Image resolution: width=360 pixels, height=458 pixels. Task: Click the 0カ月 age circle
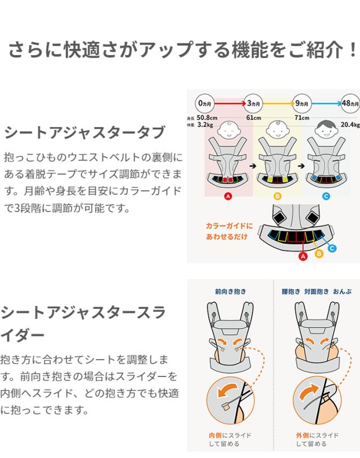tap(205, 103)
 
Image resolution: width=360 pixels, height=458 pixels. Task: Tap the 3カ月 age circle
tap(253, 103)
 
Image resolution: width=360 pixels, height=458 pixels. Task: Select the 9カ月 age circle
tap(301, 103)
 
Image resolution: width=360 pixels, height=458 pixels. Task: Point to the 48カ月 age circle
tap(350, 103)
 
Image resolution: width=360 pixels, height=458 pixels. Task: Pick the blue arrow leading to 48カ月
tap(327, 103)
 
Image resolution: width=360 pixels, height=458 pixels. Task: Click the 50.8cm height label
tap(207, 118)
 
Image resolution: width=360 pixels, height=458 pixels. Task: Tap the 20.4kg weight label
tap(350, 125)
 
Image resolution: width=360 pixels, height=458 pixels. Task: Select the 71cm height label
tap(302, 118)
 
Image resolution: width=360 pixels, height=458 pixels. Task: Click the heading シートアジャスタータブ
tap(85, 132)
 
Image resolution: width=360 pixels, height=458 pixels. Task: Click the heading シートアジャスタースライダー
tap(83, 324)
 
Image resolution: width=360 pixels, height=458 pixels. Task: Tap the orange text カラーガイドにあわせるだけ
tap(229, 231)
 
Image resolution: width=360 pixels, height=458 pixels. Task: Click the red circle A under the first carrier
tap(228, 196)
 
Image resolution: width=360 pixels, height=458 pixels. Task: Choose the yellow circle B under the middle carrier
tap(277, 196)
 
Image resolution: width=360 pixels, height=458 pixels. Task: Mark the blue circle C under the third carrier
tap(326, 196)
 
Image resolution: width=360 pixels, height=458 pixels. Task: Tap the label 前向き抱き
tap(231, 291)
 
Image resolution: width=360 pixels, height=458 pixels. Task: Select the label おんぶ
tap(343, 291)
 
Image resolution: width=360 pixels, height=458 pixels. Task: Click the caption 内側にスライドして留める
tap(229, 439)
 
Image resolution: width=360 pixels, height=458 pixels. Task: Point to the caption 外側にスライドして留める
tap(317, 439)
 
